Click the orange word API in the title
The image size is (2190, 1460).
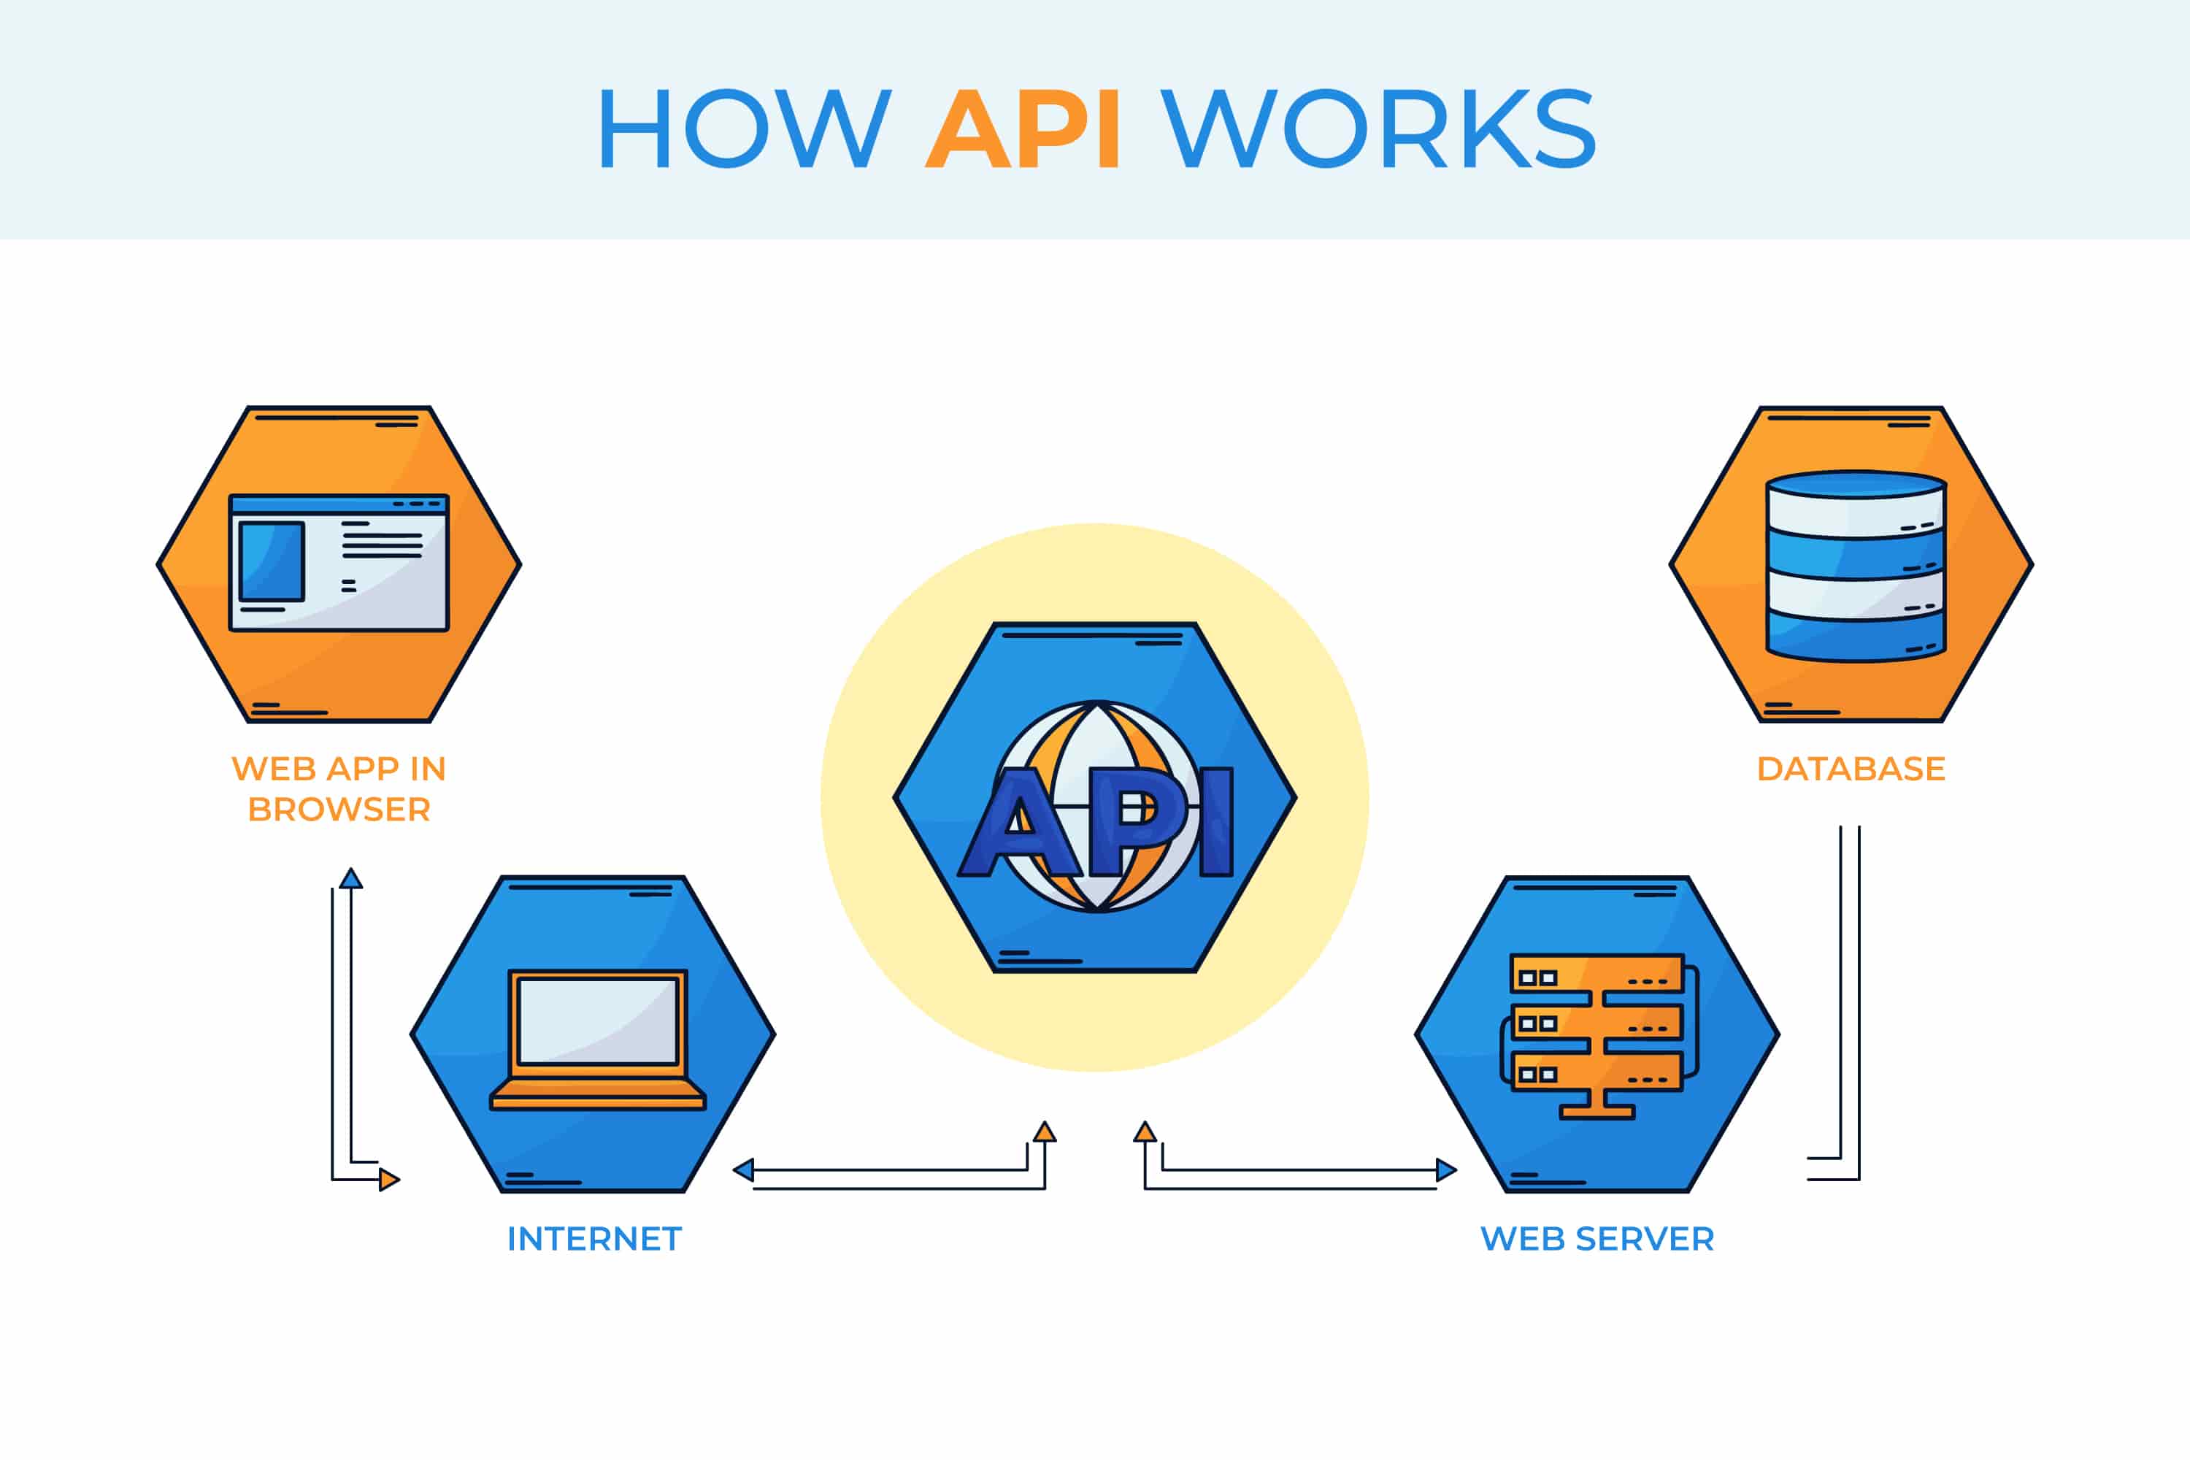pyautogui.click(x=1023, y=129)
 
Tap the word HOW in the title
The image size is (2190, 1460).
pyautogui.click(x=743, y=129)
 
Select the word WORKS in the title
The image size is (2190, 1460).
pyautogui.click(x=1379, y=129)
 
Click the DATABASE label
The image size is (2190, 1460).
pyautogui.click(x=1850, y=769)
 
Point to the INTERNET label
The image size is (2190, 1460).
pyautogui.click(x=594, y=1240)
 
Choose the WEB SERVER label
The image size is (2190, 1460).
pyautogui.click(x=1597, y=1240)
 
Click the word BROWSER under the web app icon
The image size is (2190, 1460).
pyautogui.click(x=339, y=810)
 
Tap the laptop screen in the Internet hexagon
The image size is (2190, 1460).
pyautogui.click(x=597, y=1021)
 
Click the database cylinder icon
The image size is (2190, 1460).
pyautogui.click(x=1856, y=566)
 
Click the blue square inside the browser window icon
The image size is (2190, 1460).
pyautogui.click(x=271, y=561)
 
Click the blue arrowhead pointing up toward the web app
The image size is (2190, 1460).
pyautogui.click(x=351, y=878)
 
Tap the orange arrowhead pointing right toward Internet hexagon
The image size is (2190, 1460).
pyautogui.click(x=389, y=1180)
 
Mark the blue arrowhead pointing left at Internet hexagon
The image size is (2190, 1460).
pyautogui.click(x=743, y=1170)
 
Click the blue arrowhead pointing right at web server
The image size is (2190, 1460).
pyautogui.click(x=1446, y=1170)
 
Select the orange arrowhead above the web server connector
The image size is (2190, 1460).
pyautogui.click(x=1145, y=1132)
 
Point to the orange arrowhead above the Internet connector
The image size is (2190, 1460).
pyautogui.click(x=1045, y=1132)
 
